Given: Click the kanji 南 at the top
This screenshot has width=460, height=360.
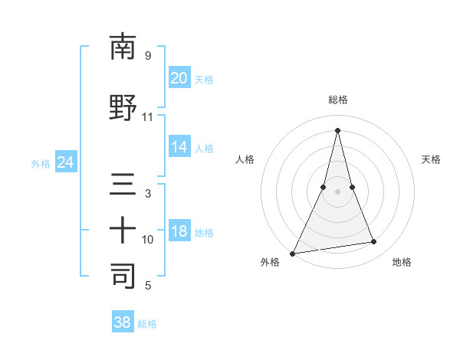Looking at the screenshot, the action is pos(123,47).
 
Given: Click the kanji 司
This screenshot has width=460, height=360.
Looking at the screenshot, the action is pos(123,276).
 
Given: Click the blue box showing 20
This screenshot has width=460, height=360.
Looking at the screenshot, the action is pos(179,77).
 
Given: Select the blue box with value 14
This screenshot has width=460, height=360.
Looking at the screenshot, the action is pos(179,147).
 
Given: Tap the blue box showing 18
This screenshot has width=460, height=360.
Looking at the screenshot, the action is pos(179,231).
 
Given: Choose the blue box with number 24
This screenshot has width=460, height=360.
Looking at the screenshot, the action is pos(66,162).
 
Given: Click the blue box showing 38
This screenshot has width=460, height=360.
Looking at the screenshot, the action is pos(123,322).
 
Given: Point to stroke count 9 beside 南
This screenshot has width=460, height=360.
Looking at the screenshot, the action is pos(148,56).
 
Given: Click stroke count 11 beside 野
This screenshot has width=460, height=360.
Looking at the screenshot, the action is pos(148,117).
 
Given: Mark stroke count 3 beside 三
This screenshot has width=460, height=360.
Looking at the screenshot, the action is pos(148,194).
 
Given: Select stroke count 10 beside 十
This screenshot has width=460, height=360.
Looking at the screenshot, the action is pos(148,240).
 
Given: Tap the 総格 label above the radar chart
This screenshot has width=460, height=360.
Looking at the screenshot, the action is pos(337,100).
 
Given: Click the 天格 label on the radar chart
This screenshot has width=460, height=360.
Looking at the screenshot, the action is pos(431,159).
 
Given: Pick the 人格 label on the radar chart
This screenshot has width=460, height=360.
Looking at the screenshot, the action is pos(245,159).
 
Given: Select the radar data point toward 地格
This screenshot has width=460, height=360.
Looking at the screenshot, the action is pos(374,242).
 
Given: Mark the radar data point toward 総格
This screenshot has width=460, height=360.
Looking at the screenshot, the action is pos(337,130).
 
